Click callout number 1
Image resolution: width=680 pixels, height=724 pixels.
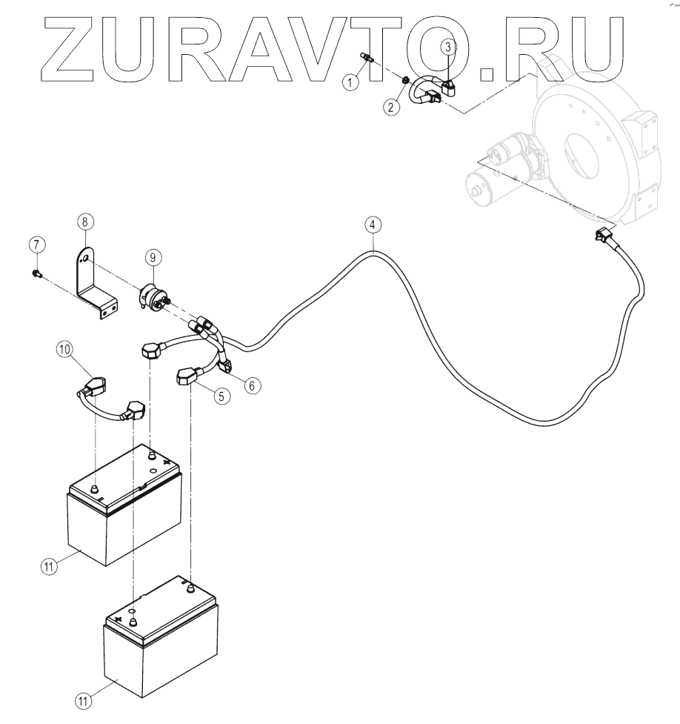pyautogui.click(x=353, y=82)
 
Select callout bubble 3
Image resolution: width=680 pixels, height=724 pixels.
pyautogui.click(x=449, y=47)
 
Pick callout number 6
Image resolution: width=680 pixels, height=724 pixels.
pyautogui.click(x=253, y=385)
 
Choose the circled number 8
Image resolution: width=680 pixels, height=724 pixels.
pyautogui.click(x=86, y=221)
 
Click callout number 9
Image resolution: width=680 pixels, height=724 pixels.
pyautogui.click(x=152, y=257)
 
